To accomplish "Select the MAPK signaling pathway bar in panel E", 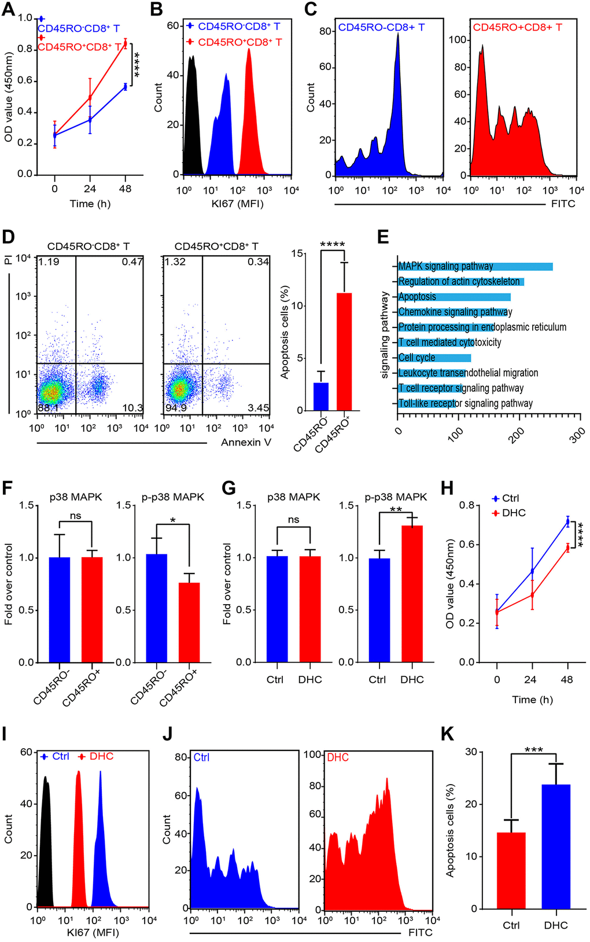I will [475, 266].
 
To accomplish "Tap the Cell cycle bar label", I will [417, 358].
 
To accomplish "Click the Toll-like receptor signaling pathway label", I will [466, 403].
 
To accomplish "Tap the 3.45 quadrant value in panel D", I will [259, 408].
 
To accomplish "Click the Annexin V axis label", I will [246, 443].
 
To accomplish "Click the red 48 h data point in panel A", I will [125, 43].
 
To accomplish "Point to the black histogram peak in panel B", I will [193, 58].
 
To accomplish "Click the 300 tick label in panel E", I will [577, 435].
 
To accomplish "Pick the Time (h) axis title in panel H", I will [532, 700].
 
